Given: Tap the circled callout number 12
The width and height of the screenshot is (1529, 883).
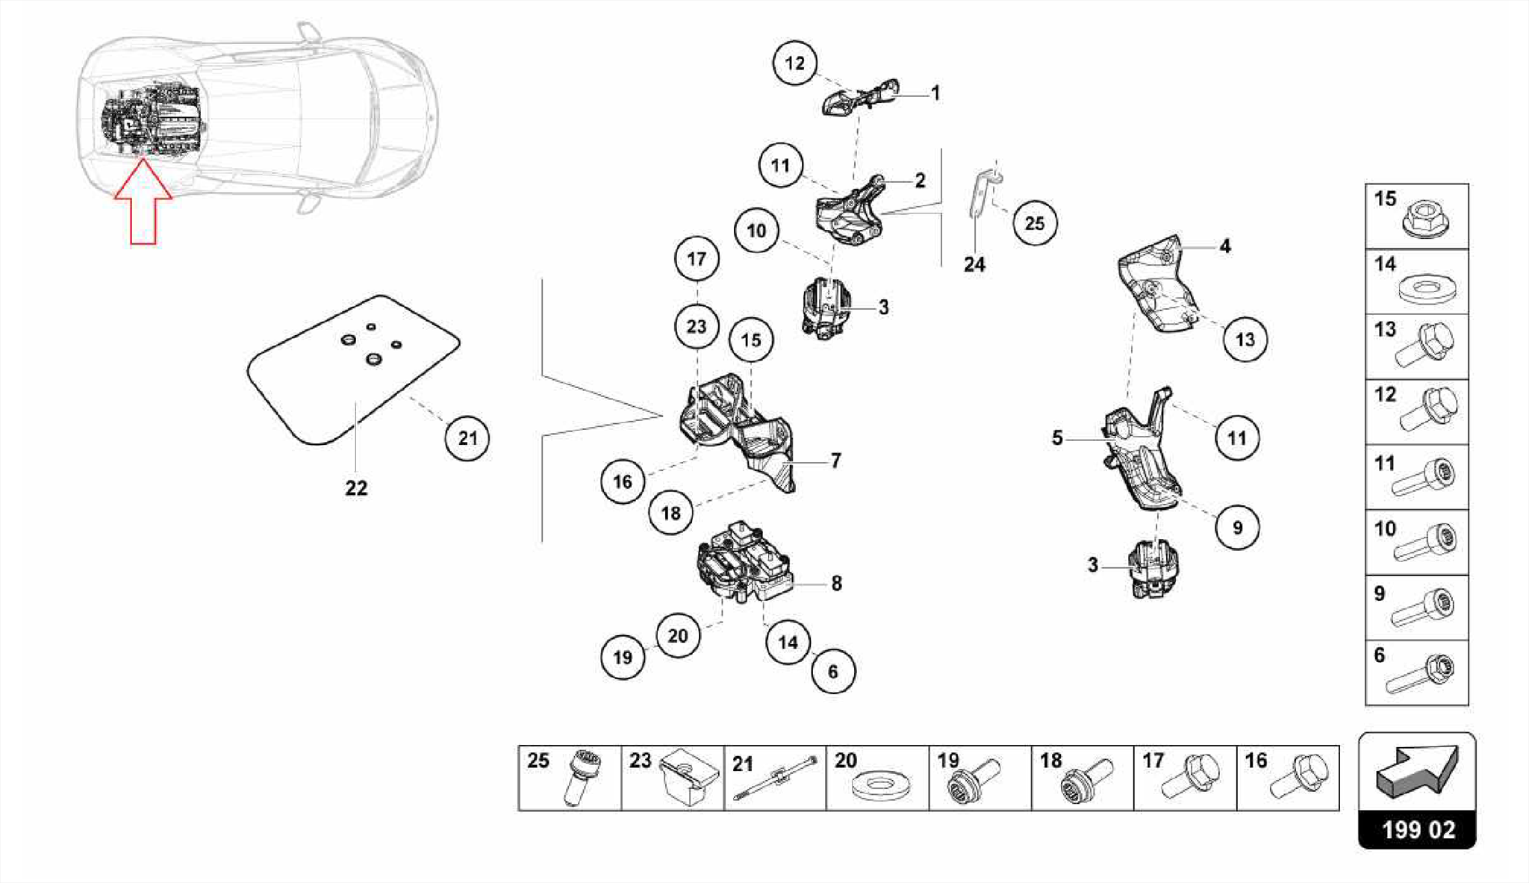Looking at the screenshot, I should (x=794, y=63).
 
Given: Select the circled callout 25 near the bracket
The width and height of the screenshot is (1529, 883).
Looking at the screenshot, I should (x=1034, y=222).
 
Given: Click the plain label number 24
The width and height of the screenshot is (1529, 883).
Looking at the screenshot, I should (x=974, y=265).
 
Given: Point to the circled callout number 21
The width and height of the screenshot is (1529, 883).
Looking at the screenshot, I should (x=467, y=438).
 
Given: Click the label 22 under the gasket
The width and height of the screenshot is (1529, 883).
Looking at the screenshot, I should (x=356, y=488).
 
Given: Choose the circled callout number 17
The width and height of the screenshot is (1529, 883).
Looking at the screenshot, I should (x=696, y=259).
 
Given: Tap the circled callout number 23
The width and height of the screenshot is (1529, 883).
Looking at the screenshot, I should (x=696, y=326).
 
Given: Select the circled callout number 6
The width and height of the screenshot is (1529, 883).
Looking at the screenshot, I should (x=833, y=672).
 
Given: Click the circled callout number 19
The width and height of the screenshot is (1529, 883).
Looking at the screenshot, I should (x=623, y=658).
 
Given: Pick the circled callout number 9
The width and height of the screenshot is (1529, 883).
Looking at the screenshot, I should (x=1237, y=528).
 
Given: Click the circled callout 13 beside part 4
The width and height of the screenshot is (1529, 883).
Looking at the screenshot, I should (x=1245, y=340).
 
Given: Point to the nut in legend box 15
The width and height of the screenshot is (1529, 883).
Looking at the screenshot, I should (x=1425, y=219).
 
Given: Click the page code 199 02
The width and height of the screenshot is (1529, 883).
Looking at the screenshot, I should (x=1417, y=829).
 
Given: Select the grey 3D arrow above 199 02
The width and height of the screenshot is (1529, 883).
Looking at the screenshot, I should (x=1416, y=771).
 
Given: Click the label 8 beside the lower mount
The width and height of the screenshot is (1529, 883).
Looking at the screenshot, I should (x=836, y=584).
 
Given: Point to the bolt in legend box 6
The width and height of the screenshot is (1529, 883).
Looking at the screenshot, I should (x=1419, y=674).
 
